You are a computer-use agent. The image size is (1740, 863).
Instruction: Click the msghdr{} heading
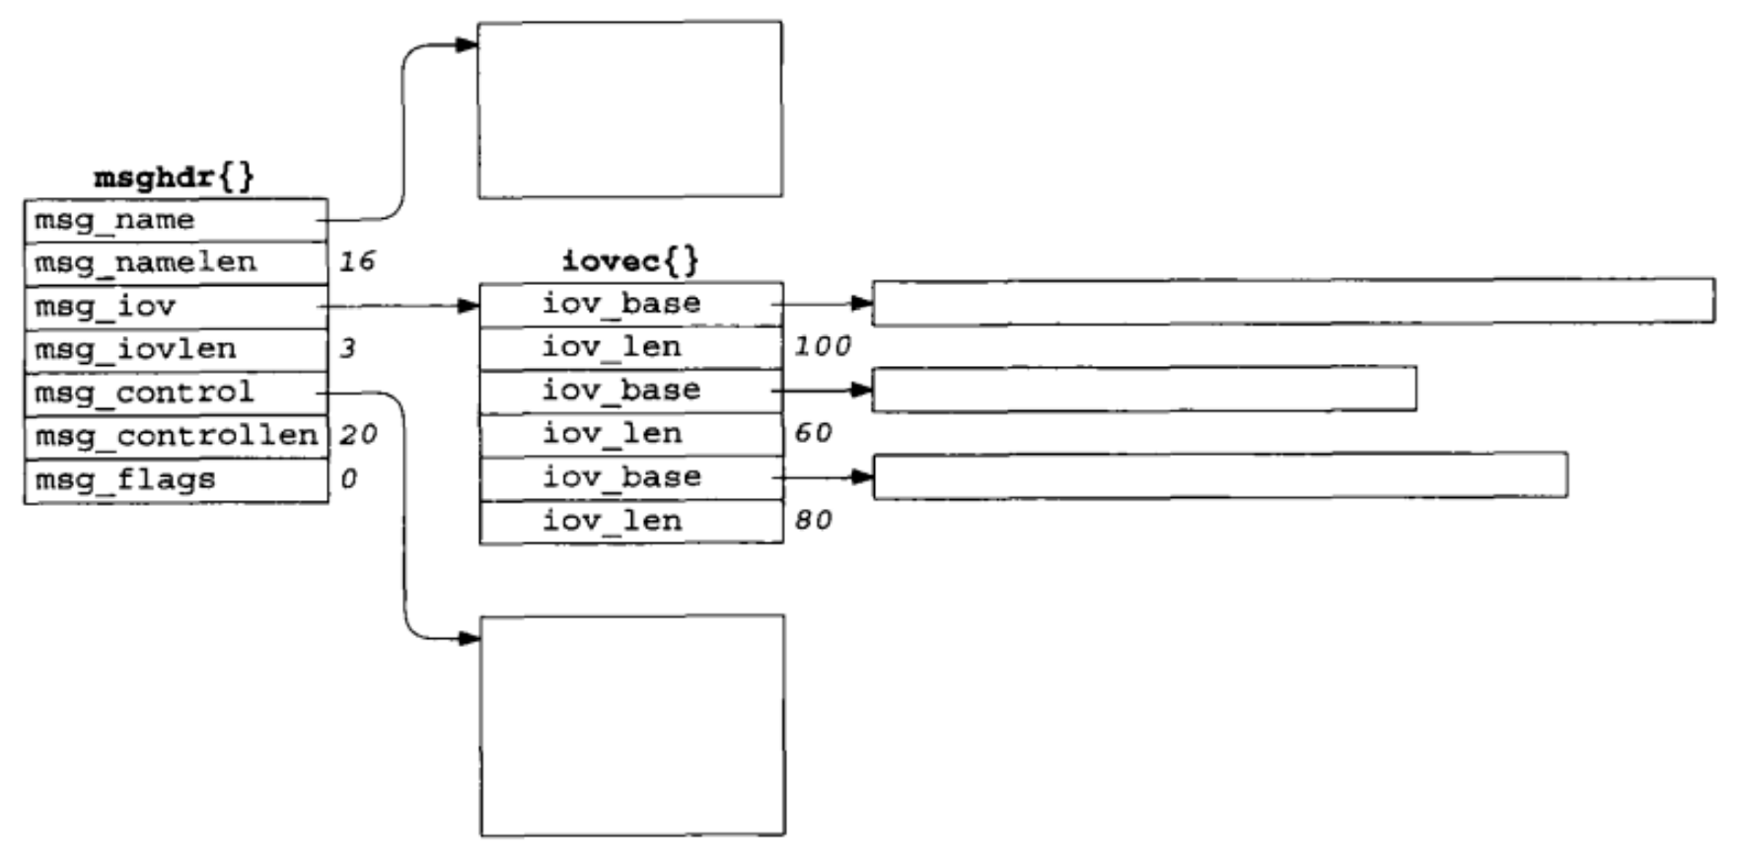(x=174, y=178)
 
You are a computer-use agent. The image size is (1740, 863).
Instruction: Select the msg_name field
(x=176, y=220)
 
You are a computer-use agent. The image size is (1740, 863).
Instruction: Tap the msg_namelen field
(x=176, y=263)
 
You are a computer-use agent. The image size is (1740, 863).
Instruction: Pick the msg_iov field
(x=176, y=307)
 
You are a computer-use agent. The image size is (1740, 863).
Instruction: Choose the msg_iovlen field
(x=176, y=350)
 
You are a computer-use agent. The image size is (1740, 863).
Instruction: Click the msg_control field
(x=176, y=394)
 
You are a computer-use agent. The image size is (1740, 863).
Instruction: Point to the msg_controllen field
(x=176, y=436)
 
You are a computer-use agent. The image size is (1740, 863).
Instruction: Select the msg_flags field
(x=176, y=480)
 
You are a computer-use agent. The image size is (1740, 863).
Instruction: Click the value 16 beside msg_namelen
(x=356, y=261)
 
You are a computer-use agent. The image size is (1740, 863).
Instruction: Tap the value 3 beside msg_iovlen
(x=347, y=348)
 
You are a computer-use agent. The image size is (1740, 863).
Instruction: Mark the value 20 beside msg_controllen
(x=358, y=435)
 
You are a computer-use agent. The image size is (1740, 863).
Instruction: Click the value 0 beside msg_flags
(x=348, y=479)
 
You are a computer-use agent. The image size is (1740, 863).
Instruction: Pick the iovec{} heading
(x=629, y=261)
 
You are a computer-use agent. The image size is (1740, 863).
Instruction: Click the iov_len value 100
(x=822, y=346)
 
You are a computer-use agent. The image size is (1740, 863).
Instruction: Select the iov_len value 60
(x=813, y=433)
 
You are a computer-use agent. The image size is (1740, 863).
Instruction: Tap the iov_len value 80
(x=813, y=520)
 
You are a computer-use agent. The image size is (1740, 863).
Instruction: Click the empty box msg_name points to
(x=629, y=109)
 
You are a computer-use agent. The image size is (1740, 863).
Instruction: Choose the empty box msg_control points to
(x=632, y=726)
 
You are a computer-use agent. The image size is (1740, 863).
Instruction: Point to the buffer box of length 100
(x=1293, y=301)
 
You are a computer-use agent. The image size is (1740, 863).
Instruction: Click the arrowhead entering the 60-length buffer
(x=862, y=390)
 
